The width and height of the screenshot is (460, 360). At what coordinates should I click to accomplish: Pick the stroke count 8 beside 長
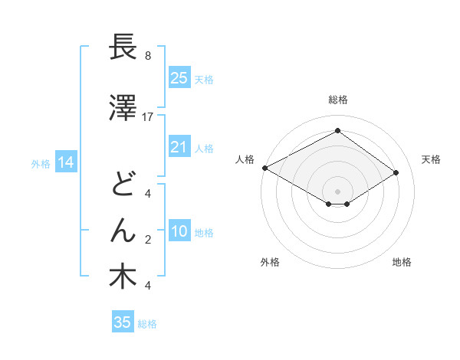(x=148, y=56)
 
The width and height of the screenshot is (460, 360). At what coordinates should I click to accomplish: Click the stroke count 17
(x=148, y=116)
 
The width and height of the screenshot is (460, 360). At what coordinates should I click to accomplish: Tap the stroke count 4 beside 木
(x=148, y=286)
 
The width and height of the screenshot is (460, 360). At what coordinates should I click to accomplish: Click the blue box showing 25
(x=179, y=78)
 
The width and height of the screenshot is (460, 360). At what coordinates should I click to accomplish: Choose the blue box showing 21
(x=179, y=147)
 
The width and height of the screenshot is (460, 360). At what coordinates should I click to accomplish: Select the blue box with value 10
(x=179, y=232)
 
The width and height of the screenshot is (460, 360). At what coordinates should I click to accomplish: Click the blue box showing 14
(x=65, y=162)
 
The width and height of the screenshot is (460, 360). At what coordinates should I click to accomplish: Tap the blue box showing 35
(x=123, y=322)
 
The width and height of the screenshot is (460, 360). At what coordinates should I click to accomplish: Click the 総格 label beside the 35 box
(x=148, y=324)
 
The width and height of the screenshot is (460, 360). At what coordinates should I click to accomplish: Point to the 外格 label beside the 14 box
(x=41, y=163)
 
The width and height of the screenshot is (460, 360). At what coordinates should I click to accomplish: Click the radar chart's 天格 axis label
(x=431, y=159)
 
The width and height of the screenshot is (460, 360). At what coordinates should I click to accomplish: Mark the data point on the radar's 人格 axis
(x=264, y=168)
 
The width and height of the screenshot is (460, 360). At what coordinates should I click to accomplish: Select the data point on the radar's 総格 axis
(x=337, y=131)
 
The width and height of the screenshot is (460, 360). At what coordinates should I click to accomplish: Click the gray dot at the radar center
(x=337, y=190)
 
